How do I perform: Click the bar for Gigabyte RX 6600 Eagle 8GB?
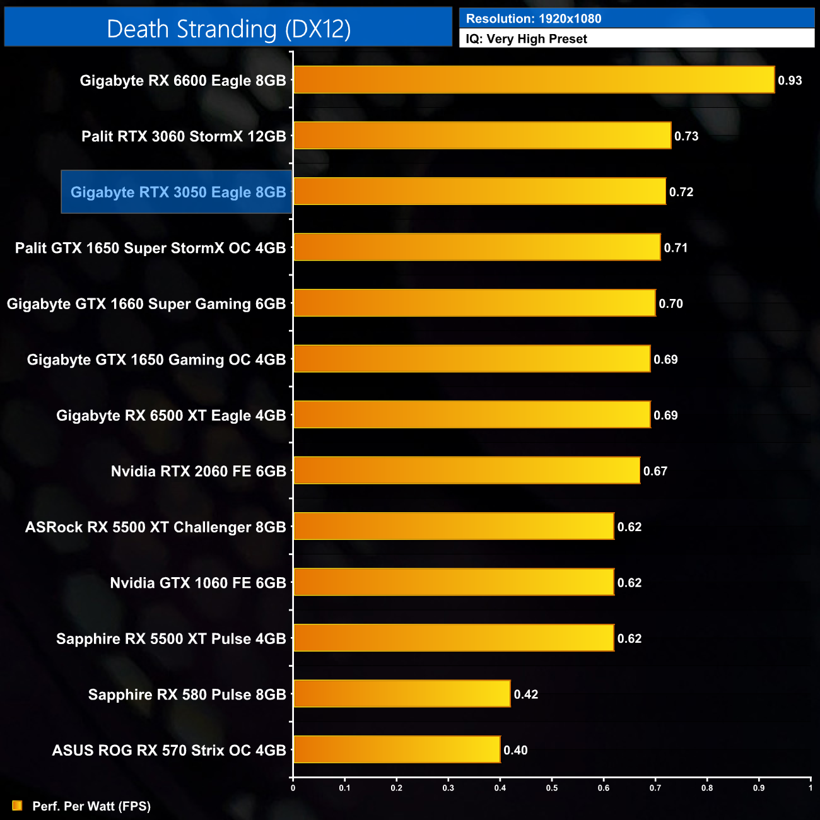[x=534, y=80]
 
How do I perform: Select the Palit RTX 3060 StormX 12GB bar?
[x=482, y=136]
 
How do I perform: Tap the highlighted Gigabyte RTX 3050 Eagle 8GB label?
[x=178, y=192]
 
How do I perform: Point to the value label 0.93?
[x=790, y=81]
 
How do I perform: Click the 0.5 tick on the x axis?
[x=552, y=787]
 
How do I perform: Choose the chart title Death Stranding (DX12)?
[x=228, y=29]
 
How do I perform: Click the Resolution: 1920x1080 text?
[x=534, y=19]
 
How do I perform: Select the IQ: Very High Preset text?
[x=526, y=39]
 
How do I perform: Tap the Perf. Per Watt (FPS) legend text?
[x=91, y=806]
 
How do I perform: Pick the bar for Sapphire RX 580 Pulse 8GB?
[x=402, y=694]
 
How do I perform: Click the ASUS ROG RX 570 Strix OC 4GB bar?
[x=397, y=749]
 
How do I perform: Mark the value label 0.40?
[x=515, y=750]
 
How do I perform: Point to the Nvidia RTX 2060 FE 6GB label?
[x=198, y=471]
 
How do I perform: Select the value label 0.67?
[x=655, y=471]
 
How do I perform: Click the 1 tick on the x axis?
[x=811, y=787]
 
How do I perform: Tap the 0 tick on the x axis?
[x=293, y=787]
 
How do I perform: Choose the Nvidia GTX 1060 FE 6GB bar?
[x=454, y=582]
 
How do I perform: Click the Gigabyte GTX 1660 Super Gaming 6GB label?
[x=146, y=304]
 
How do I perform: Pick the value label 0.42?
[x=526, y=694]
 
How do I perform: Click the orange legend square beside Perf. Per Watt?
[x=17, y=805]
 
